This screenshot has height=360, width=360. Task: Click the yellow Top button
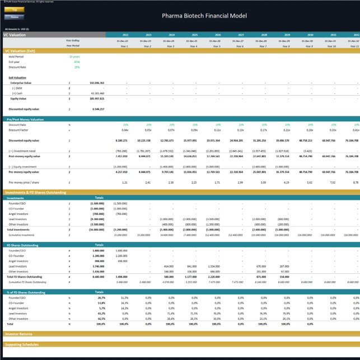pyautogui.click(x=14, y=10)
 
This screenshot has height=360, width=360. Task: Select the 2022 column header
pyautogui.click(x=125, y=35)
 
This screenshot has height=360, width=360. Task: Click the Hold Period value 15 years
pyautogui.click(x=74, y=57)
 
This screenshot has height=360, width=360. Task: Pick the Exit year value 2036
pyautogui.click(x=77, y=62)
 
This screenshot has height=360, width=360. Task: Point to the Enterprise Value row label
pyautogui.click(x=21, y=82)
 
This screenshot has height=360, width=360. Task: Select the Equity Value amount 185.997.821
pyautogui.click(x=96, y=98)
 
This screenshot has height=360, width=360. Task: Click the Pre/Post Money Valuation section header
pyautogui.click(x=25, y=119)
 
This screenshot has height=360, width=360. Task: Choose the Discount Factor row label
pyautogui.click(x=18, y=129)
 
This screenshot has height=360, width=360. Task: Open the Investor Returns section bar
pyautogui.click(x=20, y=333)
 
